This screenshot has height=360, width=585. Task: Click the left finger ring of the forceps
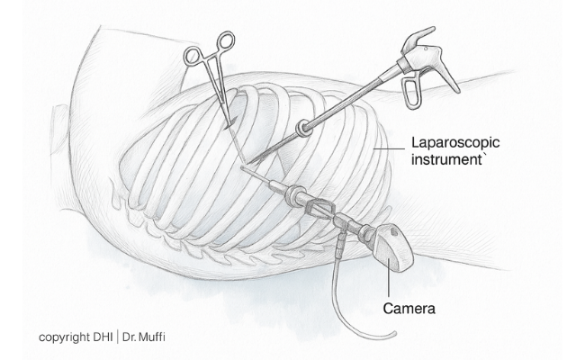194,56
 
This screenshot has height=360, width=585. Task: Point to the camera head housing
391,247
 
